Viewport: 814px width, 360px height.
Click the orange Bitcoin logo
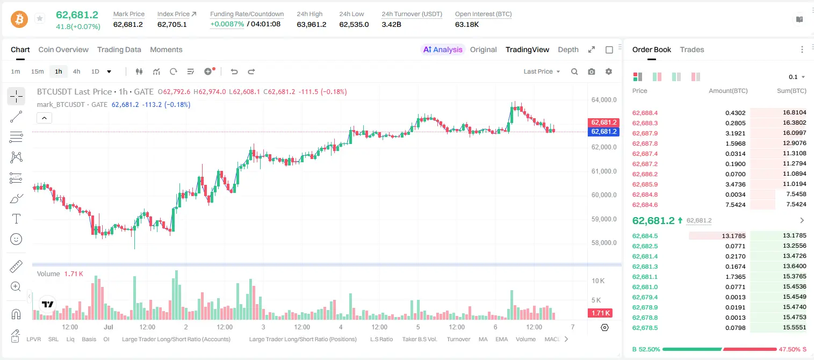pyautogui.click(x=19, y=19)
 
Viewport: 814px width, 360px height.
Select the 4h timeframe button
pyautogui.click(x=76, y=71)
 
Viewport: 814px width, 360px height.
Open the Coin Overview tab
pyautogui.click(x=63, y=49)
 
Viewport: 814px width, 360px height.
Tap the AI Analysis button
pyautogui.click(x=443, y=49)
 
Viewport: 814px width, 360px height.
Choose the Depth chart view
pyautogui.click(x=568, y=49)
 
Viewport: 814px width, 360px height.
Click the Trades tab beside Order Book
pyautogui.click(x=692, y=49)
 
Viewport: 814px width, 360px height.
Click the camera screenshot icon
pyautogui.click(x=592, y=71)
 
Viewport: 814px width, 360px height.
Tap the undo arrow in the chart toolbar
pyautogui.click(x=234, y=71)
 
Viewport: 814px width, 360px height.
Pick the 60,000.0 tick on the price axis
pyautogui.click(x=604, y=195)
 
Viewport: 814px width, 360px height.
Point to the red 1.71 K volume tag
pyautogui.click(x=600, y=313)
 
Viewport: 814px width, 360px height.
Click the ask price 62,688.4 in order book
pyautogui.click(x=645, y=113)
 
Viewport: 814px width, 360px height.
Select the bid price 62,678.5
pyautogui.click(x=645, y=328)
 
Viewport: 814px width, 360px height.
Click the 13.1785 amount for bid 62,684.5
pyautogui.click(x=733, y=236)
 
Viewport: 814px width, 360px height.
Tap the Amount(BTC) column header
pyautogui.click(x=728, y=91)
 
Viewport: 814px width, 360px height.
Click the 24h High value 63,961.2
pyautogui.click(x=312, y=24)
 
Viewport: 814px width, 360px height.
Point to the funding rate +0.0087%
pyautogui.click(x=227, y=24)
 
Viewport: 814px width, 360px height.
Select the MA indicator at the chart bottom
pyautogui.click(x=483, y=339)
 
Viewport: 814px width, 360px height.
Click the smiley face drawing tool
pyautogui.click(x=16, y=239)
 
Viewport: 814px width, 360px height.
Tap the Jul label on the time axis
pyautogui.click(x=109, y=327)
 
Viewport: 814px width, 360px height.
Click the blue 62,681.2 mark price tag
pyautogui.click(x=603, y=132)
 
